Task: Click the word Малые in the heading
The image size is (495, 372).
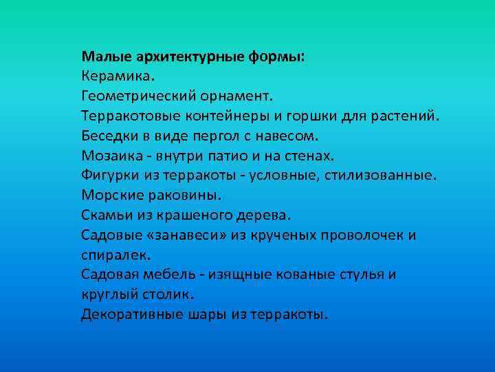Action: click(x=102, y=56)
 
